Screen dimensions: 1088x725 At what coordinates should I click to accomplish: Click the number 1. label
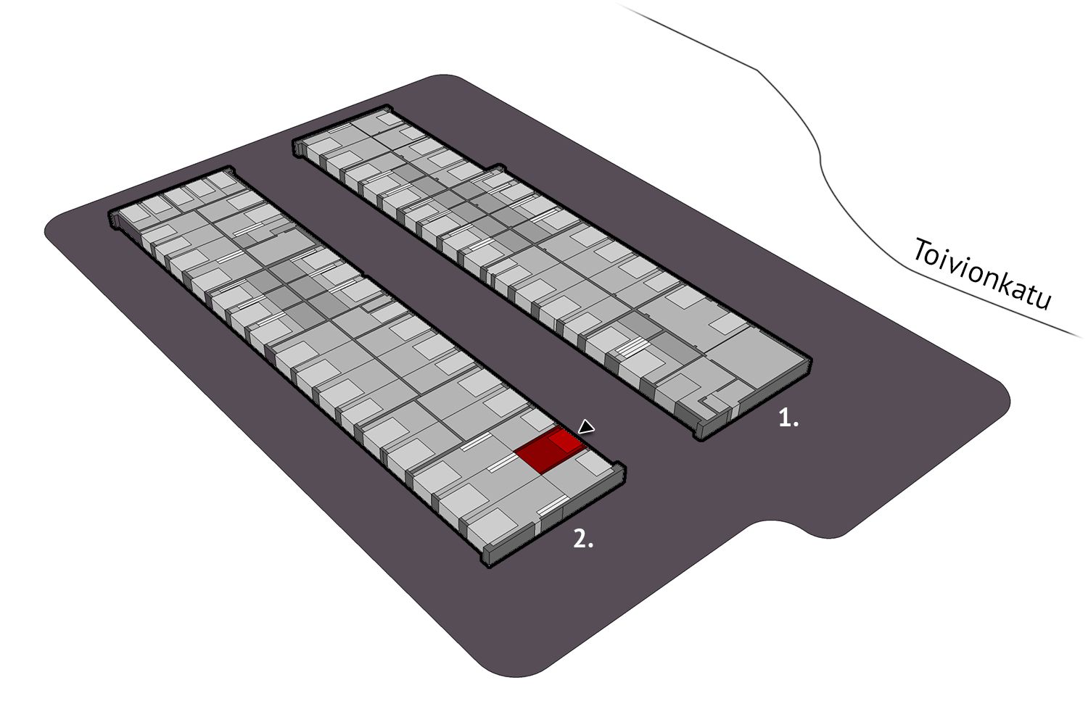click(788, 418)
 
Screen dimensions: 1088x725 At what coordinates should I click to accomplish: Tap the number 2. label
click(583, 539)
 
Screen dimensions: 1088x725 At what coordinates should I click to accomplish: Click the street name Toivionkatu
click(982, 273)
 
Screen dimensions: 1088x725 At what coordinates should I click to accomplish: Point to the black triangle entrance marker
click(587, 427)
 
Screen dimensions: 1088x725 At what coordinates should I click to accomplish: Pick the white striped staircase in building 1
click(632, 347)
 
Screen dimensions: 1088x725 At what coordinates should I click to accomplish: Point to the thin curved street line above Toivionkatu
click(821, 155)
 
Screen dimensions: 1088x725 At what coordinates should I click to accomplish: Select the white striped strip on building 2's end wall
click(551, 505)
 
